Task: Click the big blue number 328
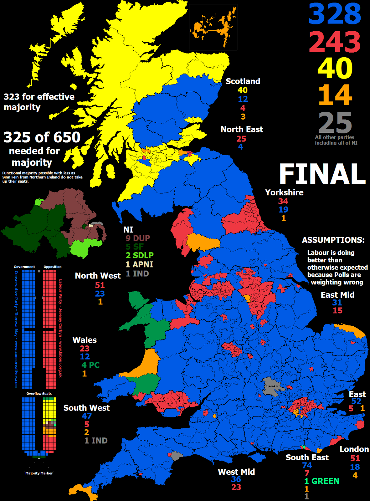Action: (x=335, y=14)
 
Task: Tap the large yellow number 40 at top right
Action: (x=335, y=68)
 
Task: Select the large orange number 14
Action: (x=335, y=95)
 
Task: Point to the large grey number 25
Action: (x=335, y=123)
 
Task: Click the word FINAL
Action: (x=322, y=174)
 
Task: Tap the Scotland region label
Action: (x=243, y=81)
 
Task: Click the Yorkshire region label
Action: (x=284, y=193)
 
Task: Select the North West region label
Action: (x=98, y=276)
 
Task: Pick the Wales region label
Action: (x=84, y=340)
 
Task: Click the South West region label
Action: (x=87, y=408)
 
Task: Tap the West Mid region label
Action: (x=236, y=472)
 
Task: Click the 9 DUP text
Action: (x=138, y=238)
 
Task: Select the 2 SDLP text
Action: (x=140, y=256)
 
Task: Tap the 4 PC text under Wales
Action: (x=90, y=365)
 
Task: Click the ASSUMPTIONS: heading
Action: (x=333, y=240)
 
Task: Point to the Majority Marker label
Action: (x=39, y=473)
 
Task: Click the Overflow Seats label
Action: (x=39, y=394)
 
